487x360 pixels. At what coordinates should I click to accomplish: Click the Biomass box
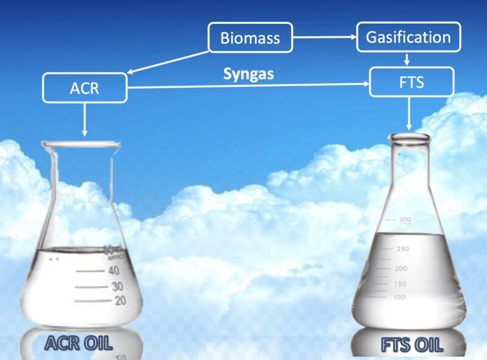[250, 37]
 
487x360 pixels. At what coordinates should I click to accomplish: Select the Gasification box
[408, 37]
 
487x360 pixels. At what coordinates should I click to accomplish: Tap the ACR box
[85, 88]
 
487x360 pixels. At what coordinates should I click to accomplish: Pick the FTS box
[412, 82]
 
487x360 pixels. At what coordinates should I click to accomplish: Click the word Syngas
[248, 74]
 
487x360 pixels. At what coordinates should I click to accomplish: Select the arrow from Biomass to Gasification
[324, 37]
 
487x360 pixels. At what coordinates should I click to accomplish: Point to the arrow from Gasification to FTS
[407, 59]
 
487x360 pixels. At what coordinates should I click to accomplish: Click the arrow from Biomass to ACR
[168, 63]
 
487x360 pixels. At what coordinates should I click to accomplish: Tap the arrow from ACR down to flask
[85, 119]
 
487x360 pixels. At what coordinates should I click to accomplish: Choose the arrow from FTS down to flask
[409, 113]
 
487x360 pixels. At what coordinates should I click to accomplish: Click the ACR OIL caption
[79, 343]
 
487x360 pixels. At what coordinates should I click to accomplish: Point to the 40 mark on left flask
[114, 270]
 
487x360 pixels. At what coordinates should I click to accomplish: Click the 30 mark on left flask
[117, 286]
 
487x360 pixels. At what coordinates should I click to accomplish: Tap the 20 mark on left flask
[120, 300]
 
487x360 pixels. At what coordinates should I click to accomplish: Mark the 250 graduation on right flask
[403, 249]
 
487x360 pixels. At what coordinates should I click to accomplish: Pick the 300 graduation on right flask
[405, 220]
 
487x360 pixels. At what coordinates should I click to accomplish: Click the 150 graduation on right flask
[400, 284]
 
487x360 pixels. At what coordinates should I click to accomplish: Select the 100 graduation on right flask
[399, 297]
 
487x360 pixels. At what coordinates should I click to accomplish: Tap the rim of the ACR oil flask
[81, 144]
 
